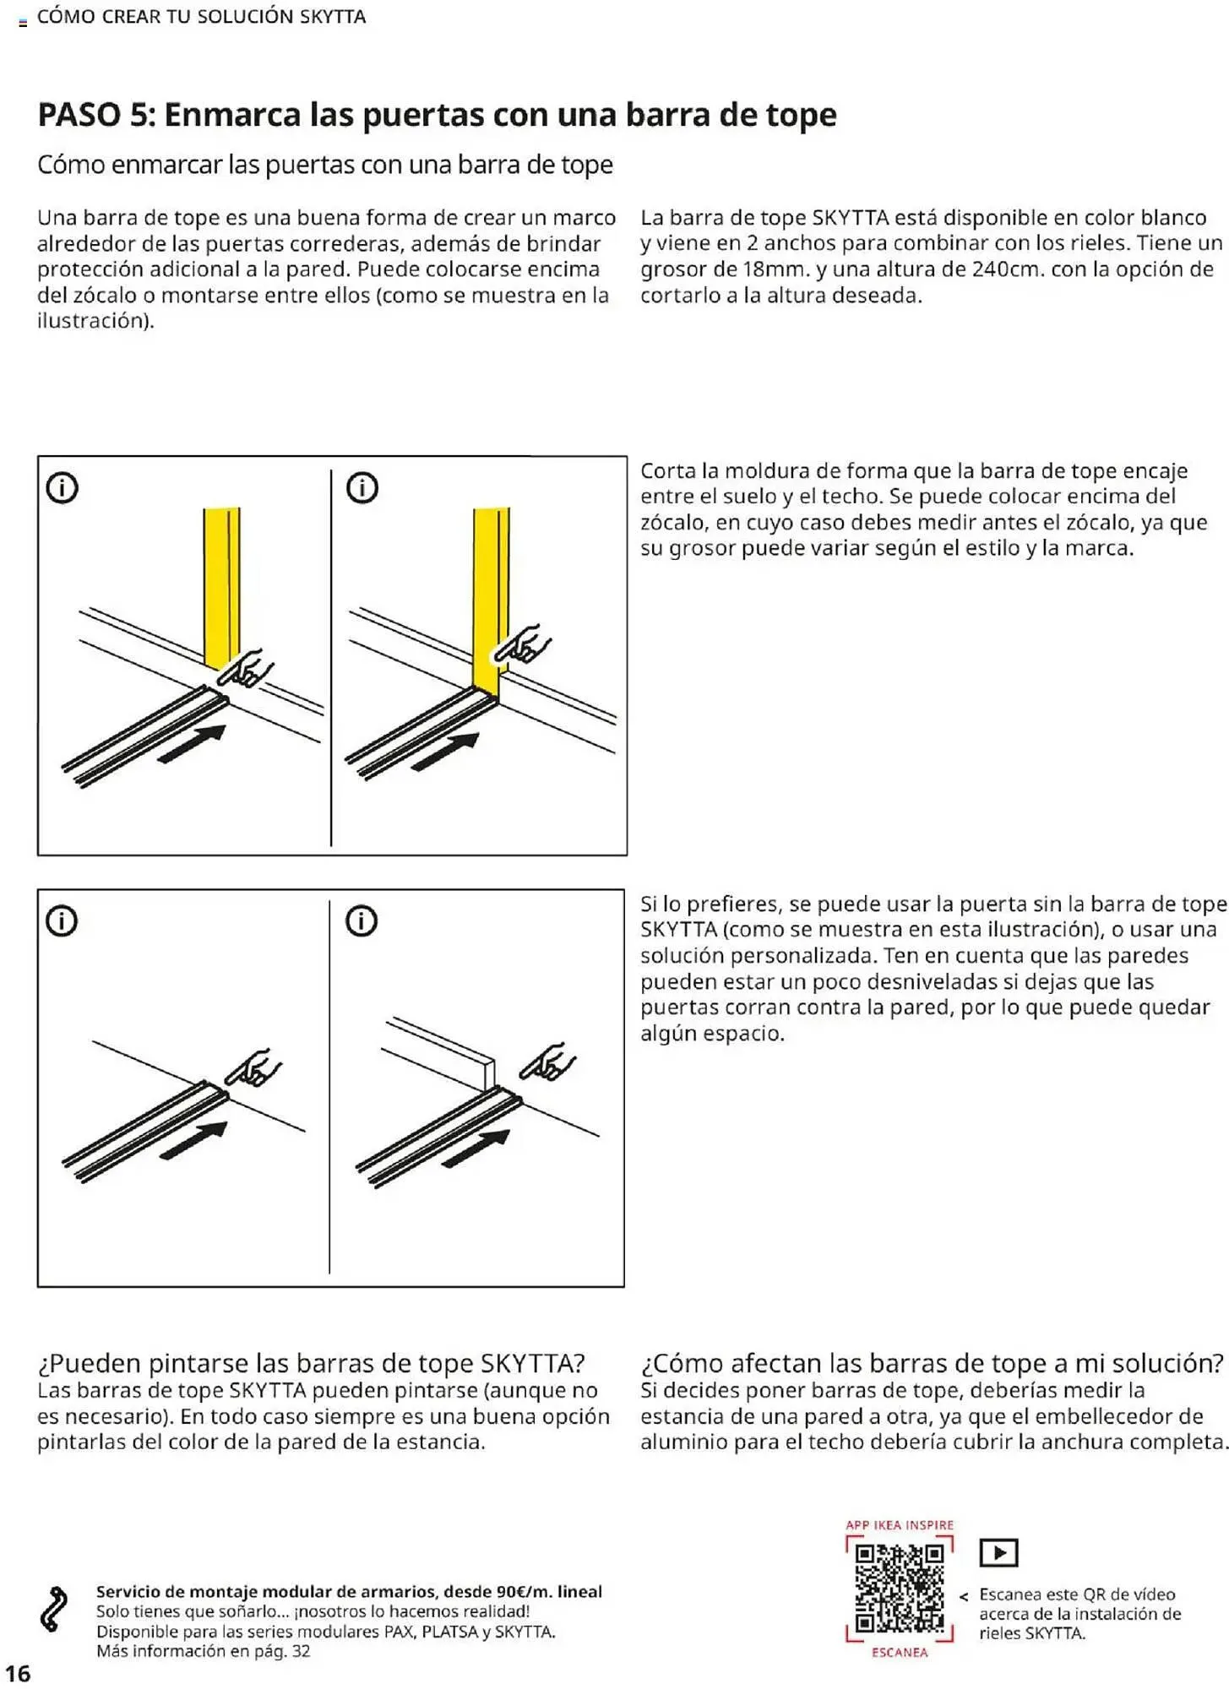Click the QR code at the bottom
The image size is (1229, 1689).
(x=899, y=1588)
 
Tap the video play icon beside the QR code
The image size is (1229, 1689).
(x=998, y=1552)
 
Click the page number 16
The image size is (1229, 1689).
(x=18, y=1673)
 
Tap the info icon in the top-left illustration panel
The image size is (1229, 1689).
(x=62, y=487)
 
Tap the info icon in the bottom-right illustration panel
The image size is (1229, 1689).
(x=362, y=921)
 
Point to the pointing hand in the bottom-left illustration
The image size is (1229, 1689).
(x=253, y=1069)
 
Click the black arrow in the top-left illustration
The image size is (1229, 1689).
(x=193, y=744)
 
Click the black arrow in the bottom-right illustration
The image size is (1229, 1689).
(x=476, y=1149)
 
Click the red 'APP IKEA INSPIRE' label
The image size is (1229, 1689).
(x=899, y=1525)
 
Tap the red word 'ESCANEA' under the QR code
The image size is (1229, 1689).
(x=899, y=1653)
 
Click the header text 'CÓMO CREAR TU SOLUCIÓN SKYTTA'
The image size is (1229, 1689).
(x=201, y=17)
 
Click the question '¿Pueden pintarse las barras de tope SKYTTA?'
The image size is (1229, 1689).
(x=311, y=1363)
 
